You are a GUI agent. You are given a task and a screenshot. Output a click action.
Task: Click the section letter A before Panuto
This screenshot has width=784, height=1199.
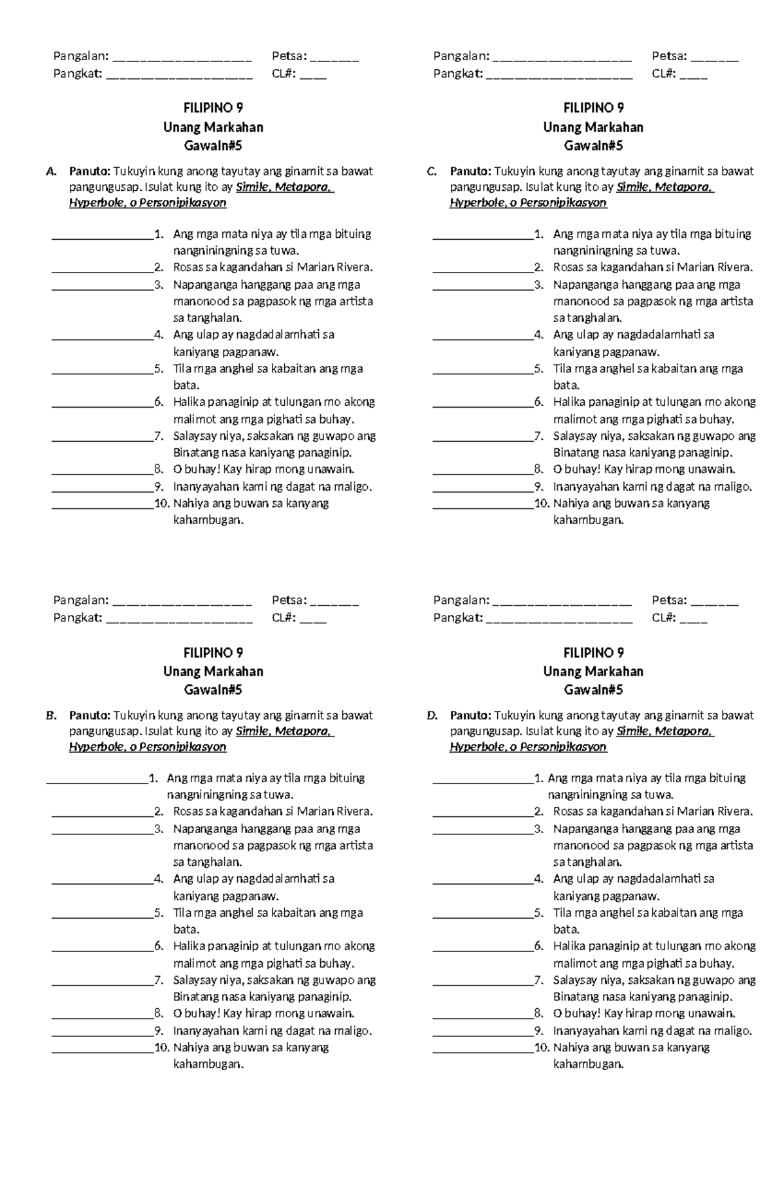point(50,172)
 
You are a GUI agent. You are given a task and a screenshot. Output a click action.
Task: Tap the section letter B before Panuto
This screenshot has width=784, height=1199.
point(50,716)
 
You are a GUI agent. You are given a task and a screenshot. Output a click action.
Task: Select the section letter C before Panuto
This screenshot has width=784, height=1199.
point(431,172)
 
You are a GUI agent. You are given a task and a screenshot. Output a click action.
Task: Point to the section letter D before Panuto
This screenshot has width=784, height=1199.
point(431,716)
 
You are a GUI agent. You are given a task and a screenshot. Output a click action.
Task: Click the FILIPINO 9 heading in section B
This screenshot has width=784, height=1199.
point(213,653)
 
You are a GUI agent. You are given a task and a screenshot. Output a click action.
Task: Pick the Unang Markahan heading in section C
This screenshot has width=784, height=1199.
point(593,127)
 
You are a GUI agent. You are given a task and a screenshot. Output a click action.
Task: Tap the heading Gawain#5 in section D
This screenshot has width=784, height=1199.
point(593,690)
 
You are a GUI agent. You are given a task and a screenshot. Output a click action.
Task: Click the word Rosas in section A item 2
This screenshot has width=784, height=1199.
point(188,267)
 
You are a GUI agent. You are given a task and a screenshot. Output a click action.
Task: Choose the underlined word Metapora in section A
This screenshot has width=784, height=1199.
point(302,188)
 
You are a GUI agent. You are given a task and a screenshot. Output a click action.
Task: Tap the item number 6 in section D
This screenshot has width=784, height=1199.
point(538,946)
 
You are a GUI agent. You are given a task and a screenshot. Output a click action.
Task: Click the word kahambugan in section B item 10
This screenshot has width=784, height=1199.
point(207,1064)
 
